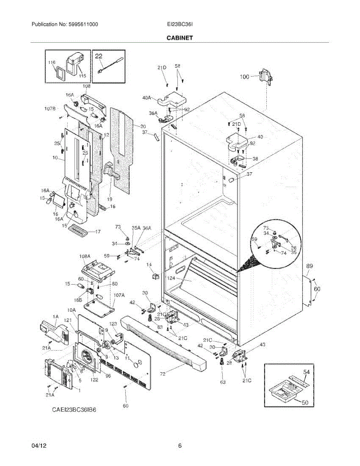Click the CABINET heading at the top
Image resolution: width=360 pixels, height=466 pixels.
(180, 38)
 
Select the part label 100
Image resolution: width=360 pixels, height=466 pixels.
(244, 77)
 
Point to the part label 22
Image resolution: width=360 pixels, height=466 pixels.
(99, 56)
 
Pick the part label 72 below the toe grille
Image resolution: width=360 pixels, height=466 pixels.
(163, 374)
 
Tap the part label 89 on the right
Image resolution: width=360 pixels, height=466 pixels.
(310, 266)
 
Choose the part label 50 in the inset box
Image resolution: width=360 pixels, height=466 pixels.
(305, 403)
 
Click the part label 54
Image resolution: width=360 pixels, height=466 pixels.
(306, 372)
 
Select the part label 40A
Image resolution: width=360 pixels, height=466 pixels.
(147, 98)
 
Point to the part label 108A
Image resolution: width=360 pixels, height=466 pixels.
(85, 256)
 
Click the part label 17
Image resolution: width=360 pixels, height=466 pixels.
(98, 232)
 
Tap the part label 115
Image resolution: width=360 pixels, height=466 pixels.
(82, 76)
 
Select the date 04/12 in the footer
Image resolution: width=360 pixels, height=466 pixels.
(38, 446)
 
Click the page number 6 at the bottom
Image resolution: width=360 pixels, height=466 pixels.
(180, 446)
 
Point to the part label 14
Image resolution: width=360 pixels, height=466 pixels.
(149, 264)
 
